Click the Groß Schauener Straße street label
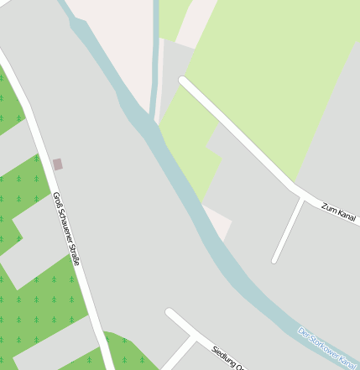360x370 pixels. coord(66,229)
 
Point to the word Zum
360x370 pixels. coord(328,208)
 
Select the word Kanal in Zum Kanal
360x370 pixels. coord(346,217)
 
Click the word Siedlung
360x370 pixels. coord(225,357)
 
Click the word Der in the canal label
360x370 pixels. coord(304,333)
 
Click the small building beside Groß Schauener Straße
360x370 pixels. coord(58,164)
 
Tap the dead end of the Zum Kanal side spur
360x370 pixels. coord(274,260)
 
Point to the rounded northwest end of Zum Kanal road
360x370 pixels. coord(183,81)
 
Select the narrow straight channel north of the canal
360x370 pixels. coord(156,59)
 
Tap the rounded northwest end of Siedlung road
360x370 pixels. coord(170,313)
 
